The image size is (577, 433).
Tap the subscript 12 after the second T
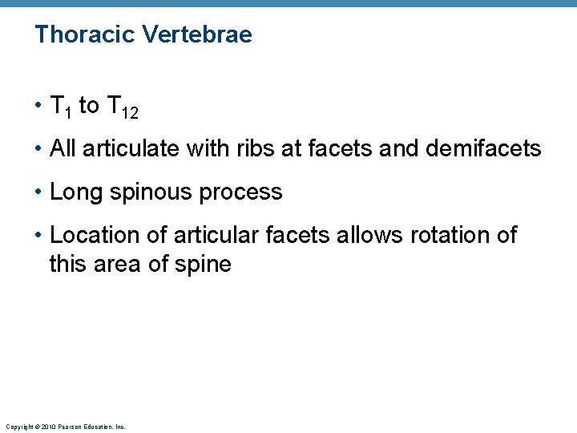click(x=131, y=114)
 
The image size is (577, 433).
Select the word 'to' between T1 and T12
click(x=89, y=106)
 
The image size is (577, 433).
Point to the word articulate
click(x=134, y=148)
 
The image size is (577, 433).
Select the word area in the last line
click(x=121, y=265)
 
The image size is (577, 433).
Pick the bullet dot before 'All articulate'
click(x=38, y=149)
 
